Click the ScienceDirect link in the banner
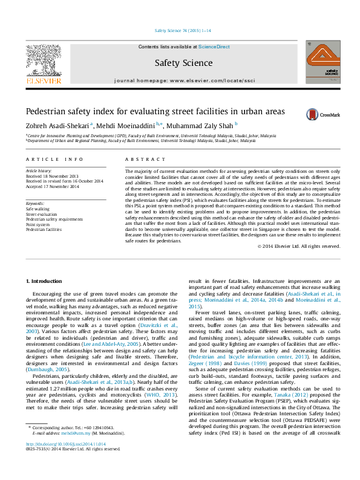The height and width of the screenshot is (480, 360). point(214,47)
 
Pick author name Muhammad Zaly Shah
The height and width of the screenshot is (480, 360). point(197,126)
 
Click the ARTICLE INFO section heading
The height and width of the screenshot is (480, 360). point(54,159)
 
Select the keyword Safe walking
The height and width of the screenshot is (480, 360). point(38,209)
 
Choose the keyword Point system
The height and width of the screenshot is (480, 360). point(39,225)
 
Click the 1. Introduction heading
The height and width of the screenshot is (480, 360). point(46,282)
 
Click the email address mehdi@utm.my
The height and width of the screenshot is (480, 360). point(79,450)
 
